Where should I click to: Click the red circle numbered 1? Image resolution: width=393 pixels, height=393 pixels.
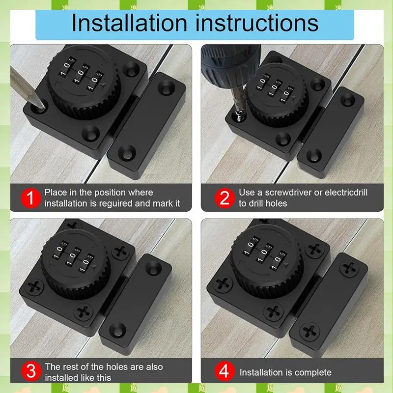pos(30,198)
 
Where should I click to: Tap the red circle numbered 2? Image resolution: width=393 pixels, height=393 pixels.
pos(224,198)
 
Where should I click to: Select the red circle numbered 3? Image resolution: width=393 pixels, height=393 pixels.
pos(30,371)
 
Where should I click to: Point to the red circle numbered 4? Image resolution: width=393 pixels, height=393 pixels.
pos(224,371)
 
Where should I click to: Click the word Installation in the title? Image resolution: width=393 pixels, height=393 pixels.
pos(129,23)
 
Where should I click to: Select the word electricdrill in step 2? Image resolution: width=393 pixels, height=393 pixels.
pos(346,193)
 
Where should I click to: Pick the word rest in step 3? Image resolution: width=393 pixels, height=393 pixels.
pos(69,367)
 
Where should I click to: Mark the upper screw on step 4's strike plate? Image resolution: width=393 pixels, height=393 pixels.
pos(349,269)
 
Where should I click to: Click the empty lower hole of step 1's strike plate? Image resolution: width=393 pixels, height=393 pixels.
pos(127,152)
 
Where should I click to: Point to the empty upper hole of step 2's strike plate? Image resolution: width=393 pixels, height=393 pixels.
pos(348,101)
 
